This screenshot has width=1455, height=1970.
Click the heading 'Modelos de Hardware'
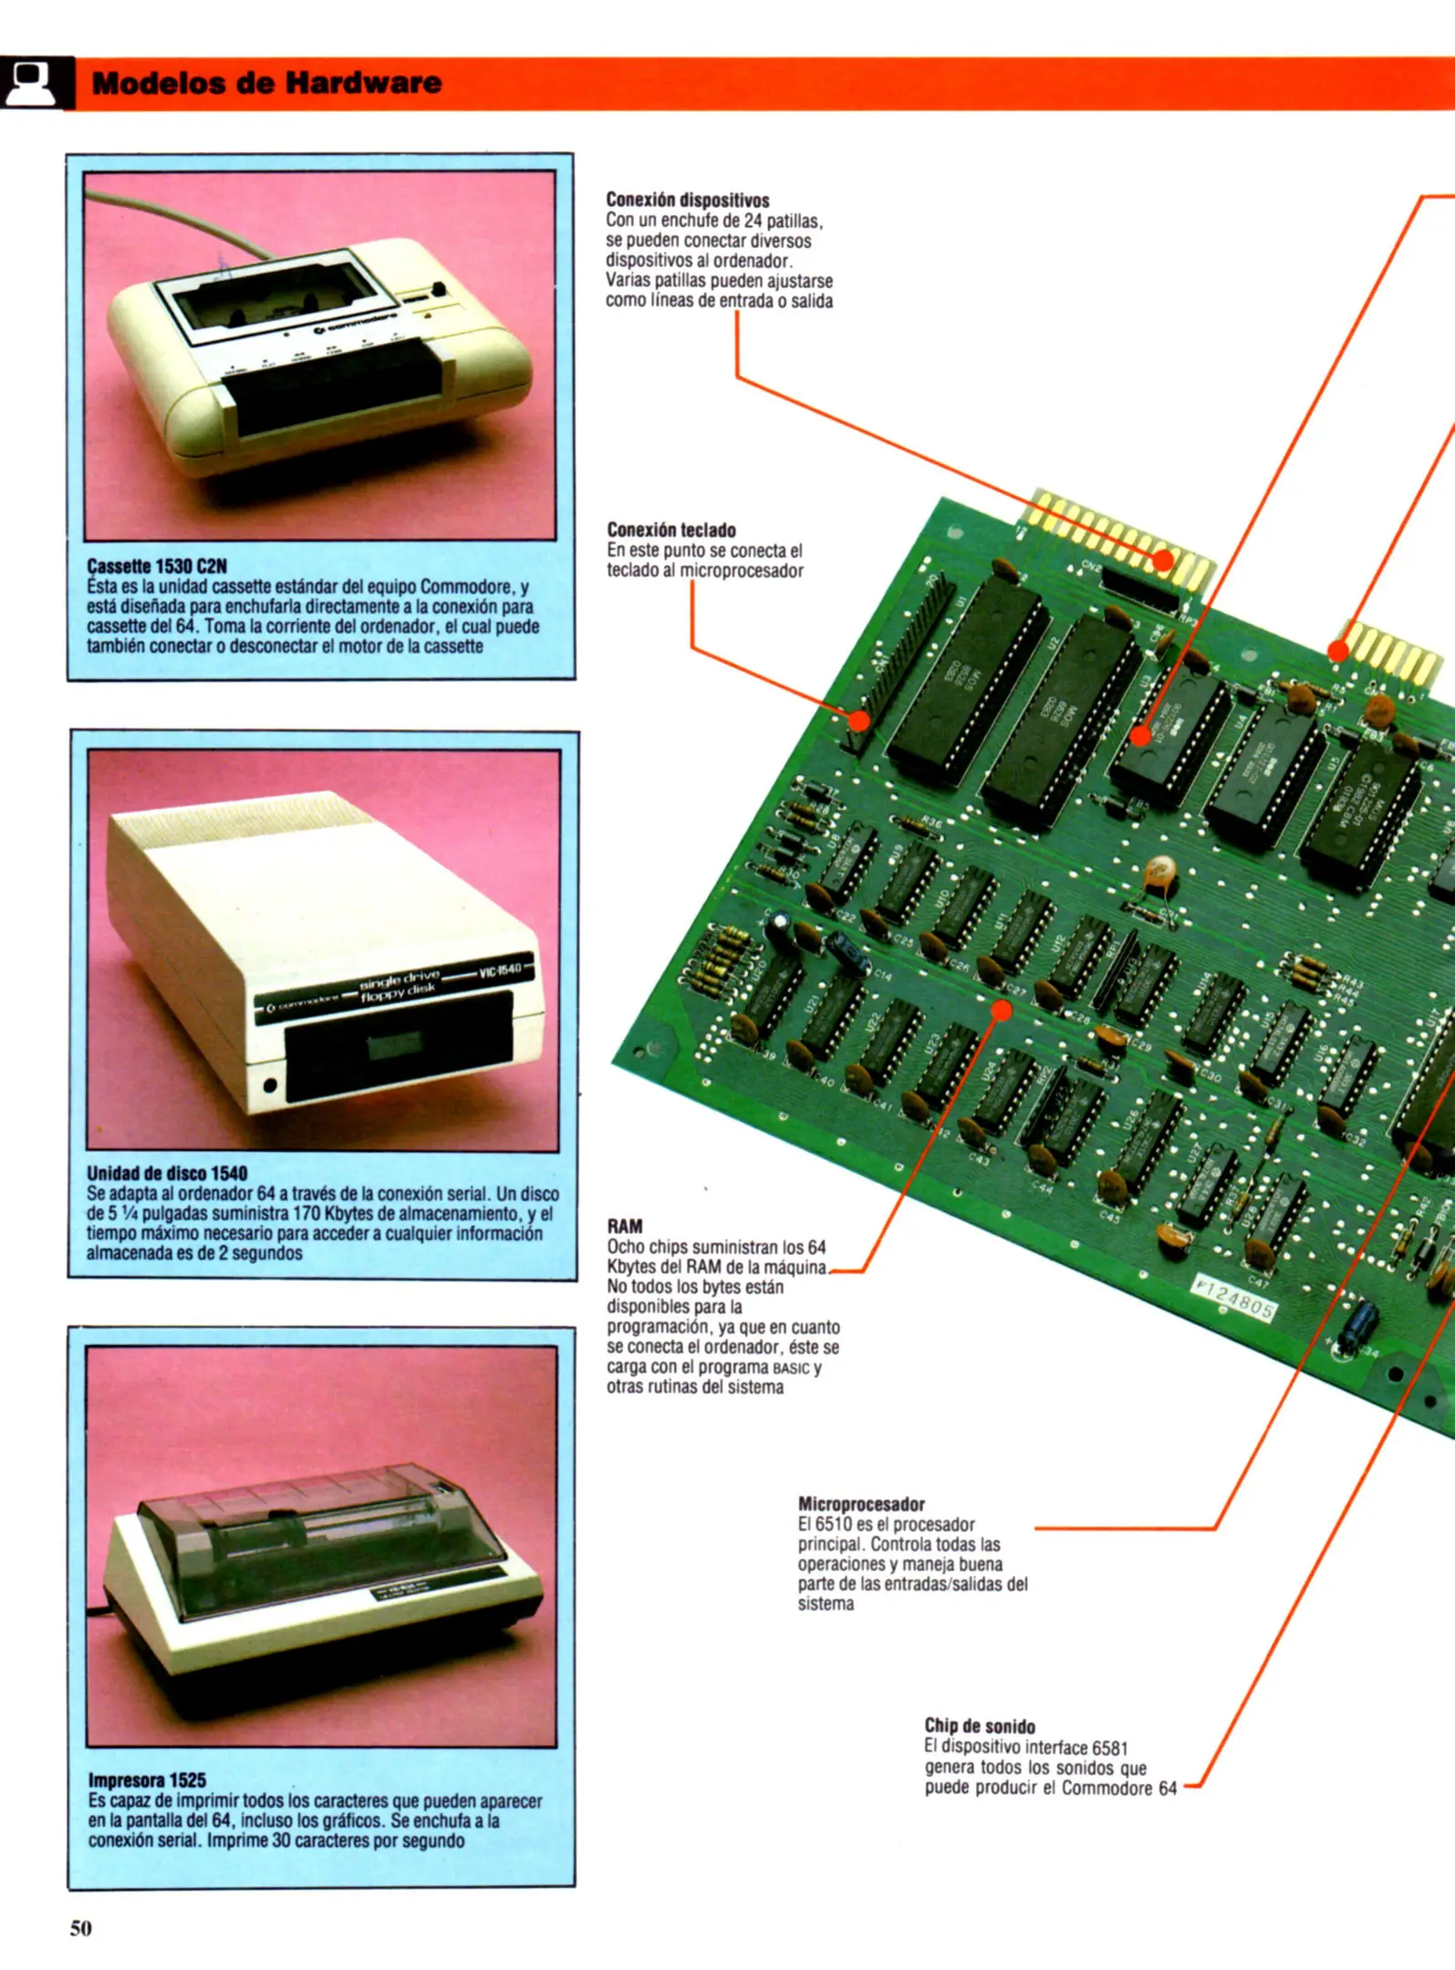pyautogui.click(x=266, y=83)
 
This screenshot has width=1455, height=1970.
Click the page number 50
pyautogui.click(x=81, y=1927)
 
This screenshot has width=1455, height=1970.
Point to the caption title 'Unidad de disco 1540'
pyautogui.click(x=167, y=1173)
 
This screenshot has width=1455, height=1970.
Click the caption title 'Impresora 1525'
pyautogui.click(x=147, y=1779)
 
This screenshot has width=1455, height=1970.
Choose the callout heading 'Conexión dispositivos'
pyautogui.click(x=687, y=200)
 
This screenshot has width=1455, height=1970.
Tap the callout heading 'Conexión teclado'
pyautogui.click(x=670, y=530)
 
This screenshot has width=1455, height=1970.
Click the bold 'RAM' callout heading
pyautogui.click(x=624, y=1226)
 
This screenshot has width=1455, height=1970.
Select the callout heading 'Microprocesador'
pyautogui.click(x=860, y=1504)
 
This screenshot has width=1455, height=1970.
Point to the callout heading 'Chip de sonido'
pyautogui.click(x=980, y=1726)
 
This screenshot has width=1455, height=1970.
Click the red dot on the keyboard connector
pyautogui.click(x=858, y=721)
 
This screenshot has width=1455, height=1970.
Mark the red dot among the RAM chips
pyautogui.click(x=1002, y=1011)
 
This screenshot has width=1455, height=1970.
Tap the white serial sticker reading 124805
pyautogui.click(x=1234, y=1299)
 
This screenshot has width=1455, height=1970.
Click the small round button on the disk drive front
pyautogui.click(x=270, y=1085)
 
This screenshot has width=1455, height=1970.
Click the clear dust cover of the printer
pyautogui.click(x=319, y=1541)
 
